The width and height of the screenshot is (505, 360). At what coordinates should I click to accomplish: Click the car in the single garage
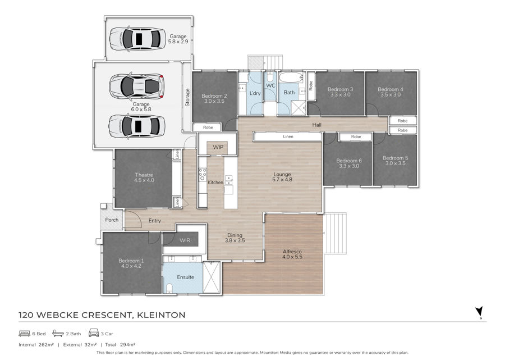(137, 39)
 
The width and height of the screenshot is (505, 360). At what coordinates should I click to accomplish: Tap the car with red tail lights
(136, 86)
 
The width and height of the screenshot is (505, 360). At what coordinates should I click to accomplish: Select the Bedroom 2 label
(214, 95)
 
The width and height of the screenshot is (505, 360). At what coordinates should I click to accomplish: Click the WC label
(270, 85)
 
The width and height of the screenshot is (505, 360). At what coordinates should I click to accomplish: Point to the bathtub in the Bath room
(291, 78)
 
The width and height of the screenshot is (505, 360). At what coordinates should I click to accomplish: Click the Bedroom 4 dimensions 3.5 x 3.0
(391, 94)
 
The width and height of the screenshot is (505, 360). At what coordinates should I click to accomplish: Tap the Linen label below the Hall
(288, 136)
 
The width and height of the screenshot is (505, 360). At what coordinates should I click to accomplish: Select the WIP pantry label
(218, 147)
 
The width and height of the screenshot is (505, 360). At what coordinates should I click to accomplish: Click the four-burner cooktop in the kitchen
(202, 174)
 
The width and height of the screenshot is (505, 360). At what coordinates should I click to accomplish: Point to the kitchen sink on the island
(228, 180)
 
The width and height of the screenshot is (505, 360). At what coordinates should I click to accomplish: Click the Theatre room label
(144, 175)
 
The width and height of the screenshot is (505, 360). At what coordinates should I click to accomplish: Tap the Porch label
(112, 220)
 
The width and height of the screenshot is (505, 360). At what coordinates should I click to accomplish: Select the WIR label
(185, 240)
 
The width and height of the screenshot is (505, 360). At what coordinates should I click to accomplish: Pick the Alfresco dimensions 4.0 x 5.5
(292, 257)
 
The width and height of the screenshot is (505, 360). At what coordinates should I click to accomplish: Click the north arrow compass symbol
(479, 312)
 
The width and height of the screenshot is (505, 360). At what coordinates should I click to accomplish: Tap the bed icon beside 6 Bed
(25, 333)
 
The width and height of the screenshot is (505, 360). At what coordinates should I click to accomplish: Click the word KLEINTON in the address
(161, 315)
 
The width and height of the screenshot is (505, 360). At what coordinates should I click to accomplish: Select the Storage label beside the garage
(187, 97)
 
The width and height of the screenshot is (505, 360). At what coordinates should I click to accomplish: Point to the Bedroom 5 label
(395, 158)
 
